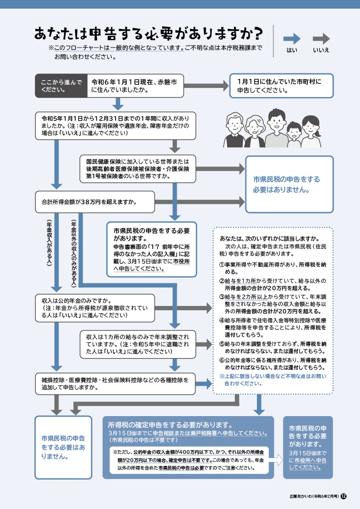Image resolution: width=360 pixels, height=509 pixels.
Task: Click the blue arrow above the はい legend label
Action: pos(292,39)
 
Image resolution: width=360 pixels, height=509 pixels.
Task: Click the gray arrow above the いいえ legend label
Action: pos(321,39)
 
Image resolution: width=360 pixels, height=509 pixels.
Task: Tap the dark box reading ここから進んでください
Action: pos(61,86)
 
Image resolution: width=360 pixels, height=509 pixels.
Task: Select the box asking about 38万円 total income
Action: pos(95,202)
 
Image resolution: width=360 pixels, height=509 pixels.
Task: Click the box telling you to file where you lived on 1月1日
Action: pos(282,86)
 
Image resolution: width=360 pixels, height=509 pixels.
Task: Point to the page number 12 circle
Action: pos(344,496)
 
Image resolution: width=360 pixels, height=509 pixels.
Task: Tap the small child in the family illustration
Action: pos(294,135)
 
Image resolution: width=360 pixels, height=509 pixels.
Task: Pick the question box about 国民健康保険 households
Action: pos(138,169)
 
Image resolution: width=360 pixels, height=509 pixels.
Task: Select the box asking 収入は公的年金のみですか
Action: pos(95,308)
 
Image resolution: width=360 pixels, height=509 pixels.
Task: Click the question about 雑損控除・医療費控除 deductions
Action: pos(115,383)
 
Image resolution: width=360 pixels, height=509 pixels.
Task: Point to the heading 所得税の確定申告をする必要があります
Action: pos(170,425)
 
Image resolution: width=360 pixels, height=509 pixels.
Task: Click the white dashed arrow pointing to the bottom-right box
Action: pos(276,460)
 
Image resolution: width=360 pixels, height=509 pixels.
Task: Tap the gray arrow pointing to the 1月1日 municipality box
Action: pos(206,86)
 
